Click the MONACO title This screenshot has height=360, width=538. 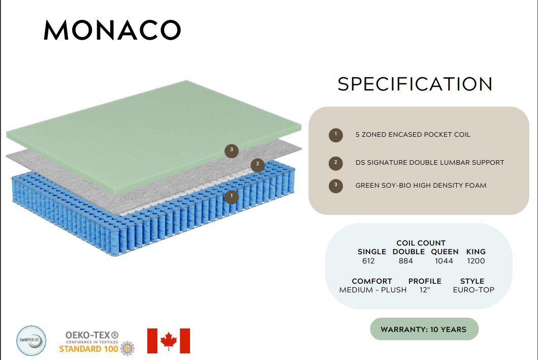pyautogui.click(x=112, y=30)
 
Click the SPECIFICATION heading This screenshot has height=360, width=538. pyautogui.click(x=415, y=84)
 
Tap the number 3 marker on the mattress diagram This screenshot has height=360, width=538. pyautogui.click(x=232, y=151)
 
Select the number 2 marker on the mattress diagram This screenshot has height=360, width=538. pyautogui.click(x=258, y=165)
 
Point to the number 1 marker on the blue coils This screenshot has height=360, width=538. pyautogui.click(x=232, y=197)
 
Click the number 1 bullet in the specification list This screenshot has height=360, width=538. pyautogui.click(x=336, y=135)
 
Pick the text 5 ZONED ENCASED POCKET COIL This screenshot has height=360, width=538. pyautogui.click(x=413, y=135)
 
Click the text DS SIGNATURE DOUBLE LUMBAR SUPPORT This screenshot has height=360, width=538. pyautogui.click(x=430, y=163)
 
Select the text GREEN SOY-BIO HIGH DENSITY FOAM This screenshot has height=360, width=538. pyautogui.click(x=421, y=186)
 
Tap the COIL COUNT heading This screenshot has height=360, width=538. pyautogui.click(x=421, y=243)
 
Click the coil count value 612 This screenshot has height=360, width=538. pyautogui.click(x=368, y=261)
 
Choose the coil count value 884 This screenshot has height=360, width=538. pyautogui.click(x=405, y=261)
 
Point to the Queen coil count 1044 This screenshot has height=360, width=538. pyautogui.click(x=444, y=261)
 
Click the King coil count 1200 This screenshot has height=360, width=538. pyautogui.click(x=476, y=261)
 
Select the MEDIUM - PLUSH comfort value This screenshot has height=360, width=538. pyautogui.click(x=372, y=290)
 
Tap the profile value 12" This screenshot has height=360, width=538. pyautogui.click(x=424, y=290)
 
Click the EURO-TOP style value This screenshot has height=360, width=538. pyautogui.click(x=473, y=290)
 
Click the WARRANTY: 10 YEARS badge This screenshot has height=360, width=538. pyautogui.click(x=424, y=329)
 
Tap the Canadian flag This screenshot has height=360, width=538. pyautogui.click(x=169, y=341)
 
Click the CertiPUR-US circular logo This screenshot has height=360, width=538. pyautogui.click(x=31, y=341)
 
